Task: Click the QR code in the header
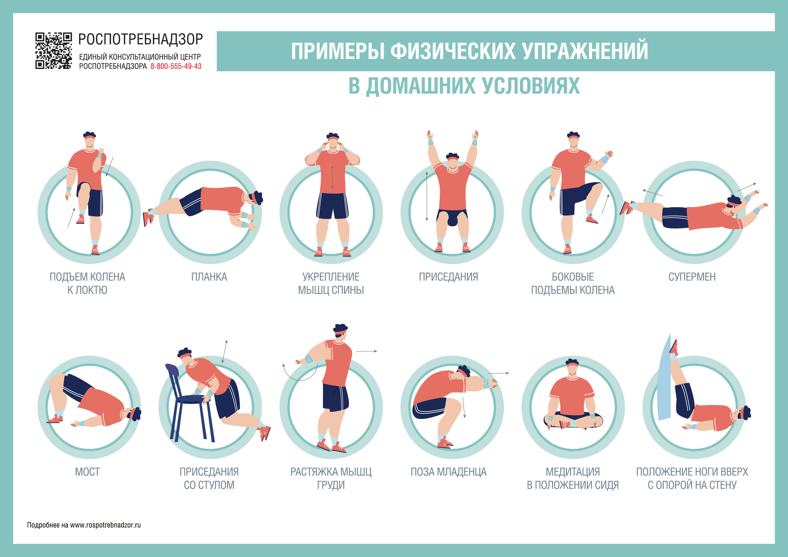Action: tap(53, 51)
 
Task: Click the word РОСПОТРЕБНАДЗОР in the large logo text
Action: tap(141, 40)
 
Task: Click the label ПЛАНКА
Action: tap(209, 277)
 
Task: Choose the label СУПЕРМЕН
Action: tap(692, 277)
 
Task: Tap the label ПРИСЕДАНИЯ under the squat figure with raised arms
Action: tap(448, 277)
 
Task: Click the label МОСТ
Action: tap(87, 472)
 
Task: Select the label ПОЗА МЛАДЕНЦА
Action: tap(448, 472)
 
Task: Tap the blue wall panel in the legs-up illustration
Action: tap(665, 377)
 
